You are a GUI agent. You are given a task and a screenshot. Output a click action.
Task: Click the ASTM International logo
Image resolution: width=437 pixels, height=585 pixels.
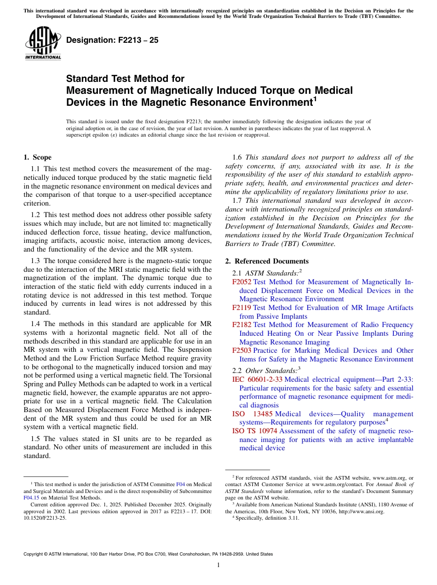[43, 44]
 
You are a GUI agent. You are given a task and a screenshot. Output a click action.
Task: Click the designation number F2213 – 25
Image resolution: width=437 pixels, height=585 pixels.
[112, 40]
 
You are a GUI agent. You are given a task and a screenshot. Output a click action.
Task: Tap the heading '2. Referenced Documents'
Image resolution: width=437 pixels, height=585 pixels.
[267, 261]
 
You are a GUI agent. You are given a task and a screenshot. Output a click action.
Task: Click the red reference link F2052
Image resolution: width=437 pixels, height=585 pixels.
[242, 282]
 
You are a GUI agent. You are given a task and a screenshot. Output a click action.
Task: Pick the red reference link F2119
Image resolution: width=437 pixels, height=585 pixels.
[242, 308]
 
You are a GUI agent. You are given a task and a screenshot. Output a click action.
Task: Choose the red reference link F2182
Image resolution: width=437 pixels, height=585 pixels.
[242, 325]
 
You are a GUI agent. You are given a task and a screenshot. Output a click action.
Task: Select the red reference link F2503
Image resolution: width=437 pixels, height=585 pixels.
[242, 350]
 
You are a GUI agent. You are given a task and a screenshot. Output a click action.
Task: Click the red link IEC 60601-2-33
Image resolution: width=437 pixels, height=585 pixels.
[258, 379]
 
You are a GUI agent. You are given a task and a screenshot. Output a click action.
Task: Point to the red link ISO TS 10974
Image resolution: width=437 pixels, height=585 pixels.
[255, 431]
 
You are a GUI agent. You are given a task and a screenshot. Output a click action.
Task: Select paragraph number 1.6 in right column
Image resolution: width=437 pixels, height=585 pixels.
[238, 157]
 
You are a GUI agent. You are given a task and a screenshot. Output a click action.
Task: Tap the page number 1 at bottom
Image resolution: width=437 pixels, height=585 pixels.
[218, 565]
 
